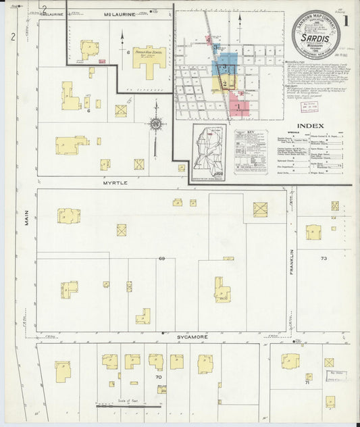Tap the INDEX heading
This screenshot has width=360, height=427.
pos(310,126)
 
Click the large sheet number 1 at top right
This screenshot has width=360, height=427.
pos(345,21)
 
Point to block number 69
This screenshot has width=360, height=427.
pos(162,258)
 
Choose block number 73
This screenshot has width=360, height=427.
pos(324,258)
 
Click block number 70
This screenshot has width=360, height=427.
pos(158,377)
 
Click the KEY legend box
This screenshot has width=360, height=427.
pos(250,151)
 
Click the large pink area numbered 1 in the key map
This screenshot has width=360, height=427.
pos(238,105)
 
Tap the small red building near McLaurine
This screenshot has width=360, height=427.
pos(102,61)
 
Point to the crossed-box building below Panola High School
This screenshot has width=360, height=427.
pos(121,110)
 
